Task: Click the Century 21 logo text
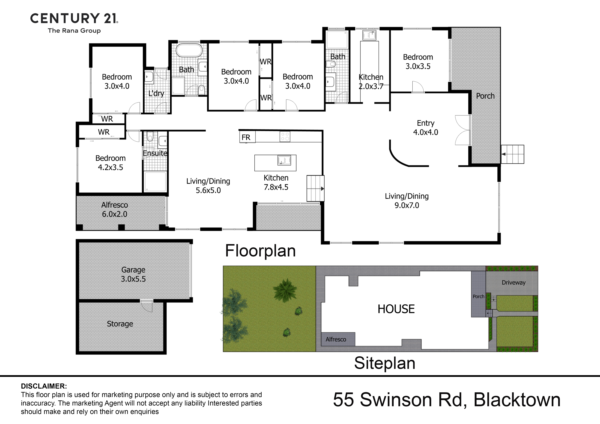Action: [74, 18]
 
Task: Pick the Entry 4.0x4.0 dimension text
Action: [425, 132]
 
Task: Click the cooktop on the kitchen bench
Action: [285, 136]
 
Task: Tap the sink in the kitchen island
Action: [284, 160]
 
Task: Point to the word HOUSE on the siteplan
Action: [396, 309]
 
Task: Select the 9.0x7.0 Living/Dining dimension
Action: [407, 205]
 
